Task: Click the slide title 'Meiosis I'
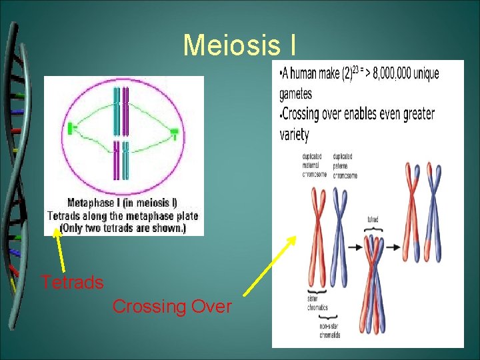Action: [240, 45]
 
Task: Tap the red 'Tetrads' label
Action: [72, 283]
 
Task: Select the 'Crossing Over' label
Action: [172, 307]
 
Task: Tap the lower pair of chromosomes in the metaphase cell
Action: [121, 159]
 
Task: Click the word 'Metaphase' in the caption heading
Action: [91, 203]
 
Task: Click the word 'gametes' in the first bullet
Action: [295, 93]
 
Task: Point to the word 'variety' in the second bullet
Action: [294, 134]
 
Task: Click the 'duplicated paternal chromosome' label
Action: [345, 165]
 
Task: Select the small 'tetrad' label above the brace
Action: [373, 219]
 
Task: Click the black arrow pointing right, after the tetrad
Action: [393, 247]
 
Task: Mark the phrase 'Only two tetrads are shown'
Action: [123, 228]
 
